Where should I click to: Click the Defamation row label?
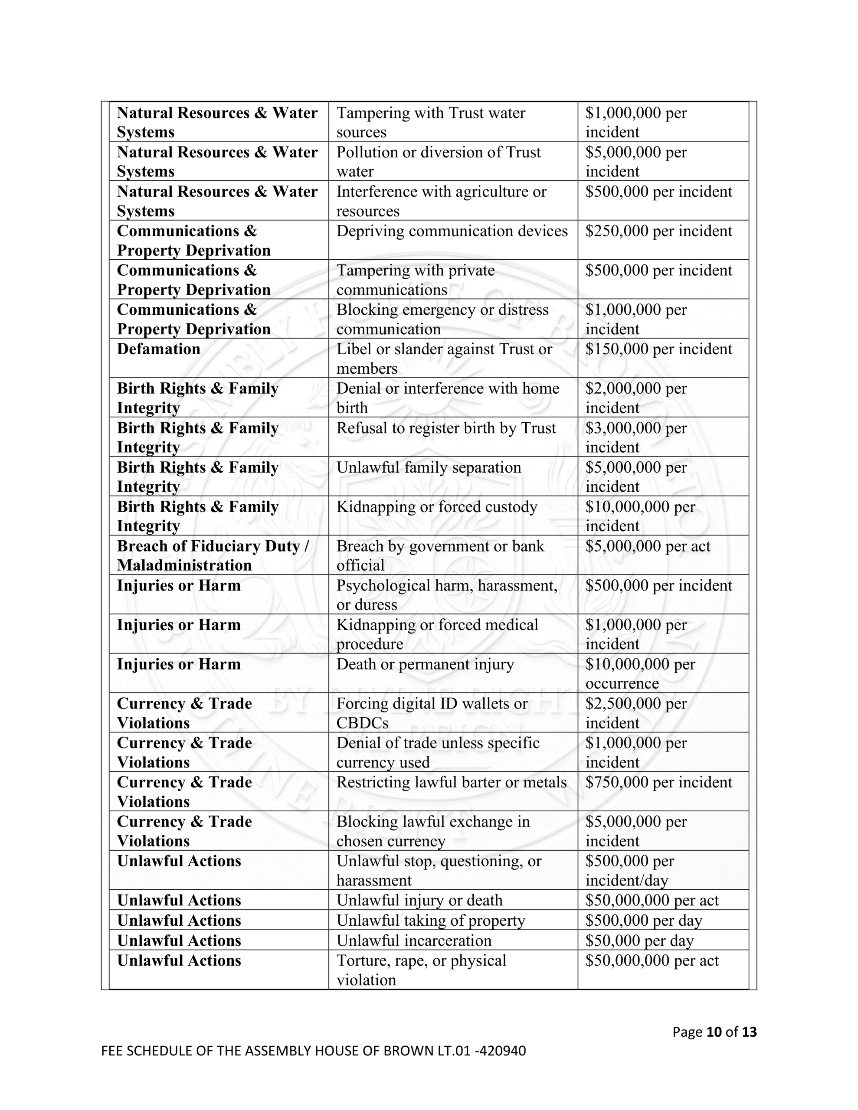[x=159, y=349]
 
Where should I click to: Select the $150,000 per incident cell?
[x=658, y=349]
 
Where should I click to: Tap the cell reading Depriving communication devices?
[x=452, y=231]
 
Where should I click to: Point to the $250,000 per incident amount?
[x=658, y=231]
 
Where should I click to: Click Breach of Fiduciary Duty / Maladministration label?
[x=213, y=555]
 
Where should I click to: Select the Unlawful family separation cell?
[x=429, y=467]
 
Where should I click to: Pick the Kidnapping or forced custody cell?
[x=436, y=507]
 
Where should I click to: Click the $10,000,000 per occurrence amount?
[x=640, y=673]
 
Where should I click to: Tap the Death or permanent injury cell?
[x=425, y=664]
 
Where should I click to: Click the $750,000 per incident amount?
[x=658, y=782]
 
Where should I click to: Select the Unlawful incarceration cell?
[x=414, y=941]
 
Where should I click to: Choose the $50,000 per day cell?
[x=639, y=941]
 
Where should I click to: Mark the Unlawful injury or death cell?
[x=419, y=901]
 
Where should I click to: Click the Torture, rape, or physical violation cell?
[x=421, y=970]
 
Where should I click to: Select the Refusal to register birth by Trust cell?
[x=446, y=428]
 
